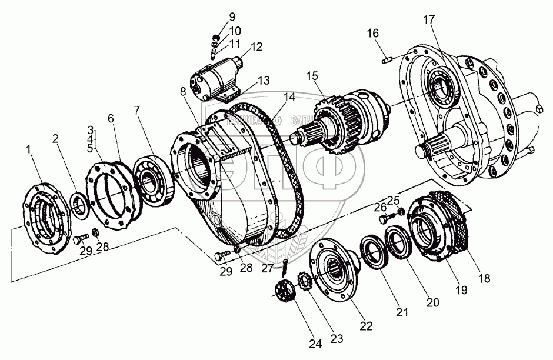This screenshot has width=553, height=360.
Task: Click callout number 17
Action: pos(428,20)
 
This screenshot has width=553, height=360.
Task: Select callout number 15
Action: pos(312,76)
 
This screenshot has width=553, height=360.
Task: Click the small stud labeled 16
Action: pos(387,59)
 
